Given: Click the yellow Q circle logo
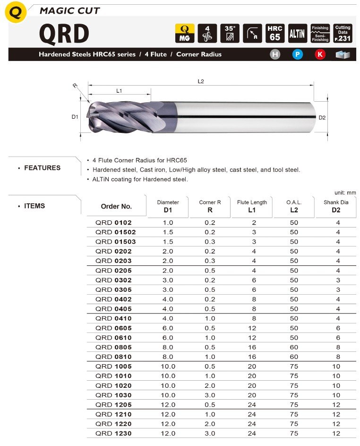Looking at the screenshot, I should click(16, 13).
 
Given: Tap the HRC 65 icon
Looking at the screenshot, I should click(274, 33).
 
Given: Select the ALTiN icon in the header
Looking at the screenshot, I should click(297, 33).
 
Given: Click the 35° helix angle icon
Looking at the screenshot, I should click(229, 33).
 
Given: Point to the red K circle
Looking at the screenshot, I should click(320, 54).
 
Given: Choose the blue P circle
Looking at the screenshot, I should click(298, 54).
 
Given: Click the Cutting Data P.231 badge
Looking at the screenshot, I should click(343, 33).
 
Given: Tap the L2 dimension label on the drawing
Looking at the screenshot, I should click(201, 81).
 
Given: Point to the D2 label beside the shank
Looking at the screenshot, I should click(322, 117).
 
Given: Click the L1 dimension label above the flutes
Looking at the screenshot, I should click(119, 90).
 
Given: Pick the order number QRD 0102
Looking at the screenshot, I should click(113, 223).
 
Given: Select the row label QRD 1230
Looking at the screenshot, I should click(113, 433).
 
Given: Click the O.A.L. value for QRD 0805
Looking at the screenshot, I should click(294, 347).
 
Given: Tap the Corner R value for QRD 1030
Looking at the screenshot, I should click(210, 395).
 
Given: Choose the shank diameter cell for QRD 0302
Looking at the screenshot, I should click(338, 280).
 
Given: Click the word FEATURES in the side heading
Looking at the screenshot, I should click(42, 168).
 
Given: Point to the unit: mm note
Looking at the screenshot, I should click(345, 192).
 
